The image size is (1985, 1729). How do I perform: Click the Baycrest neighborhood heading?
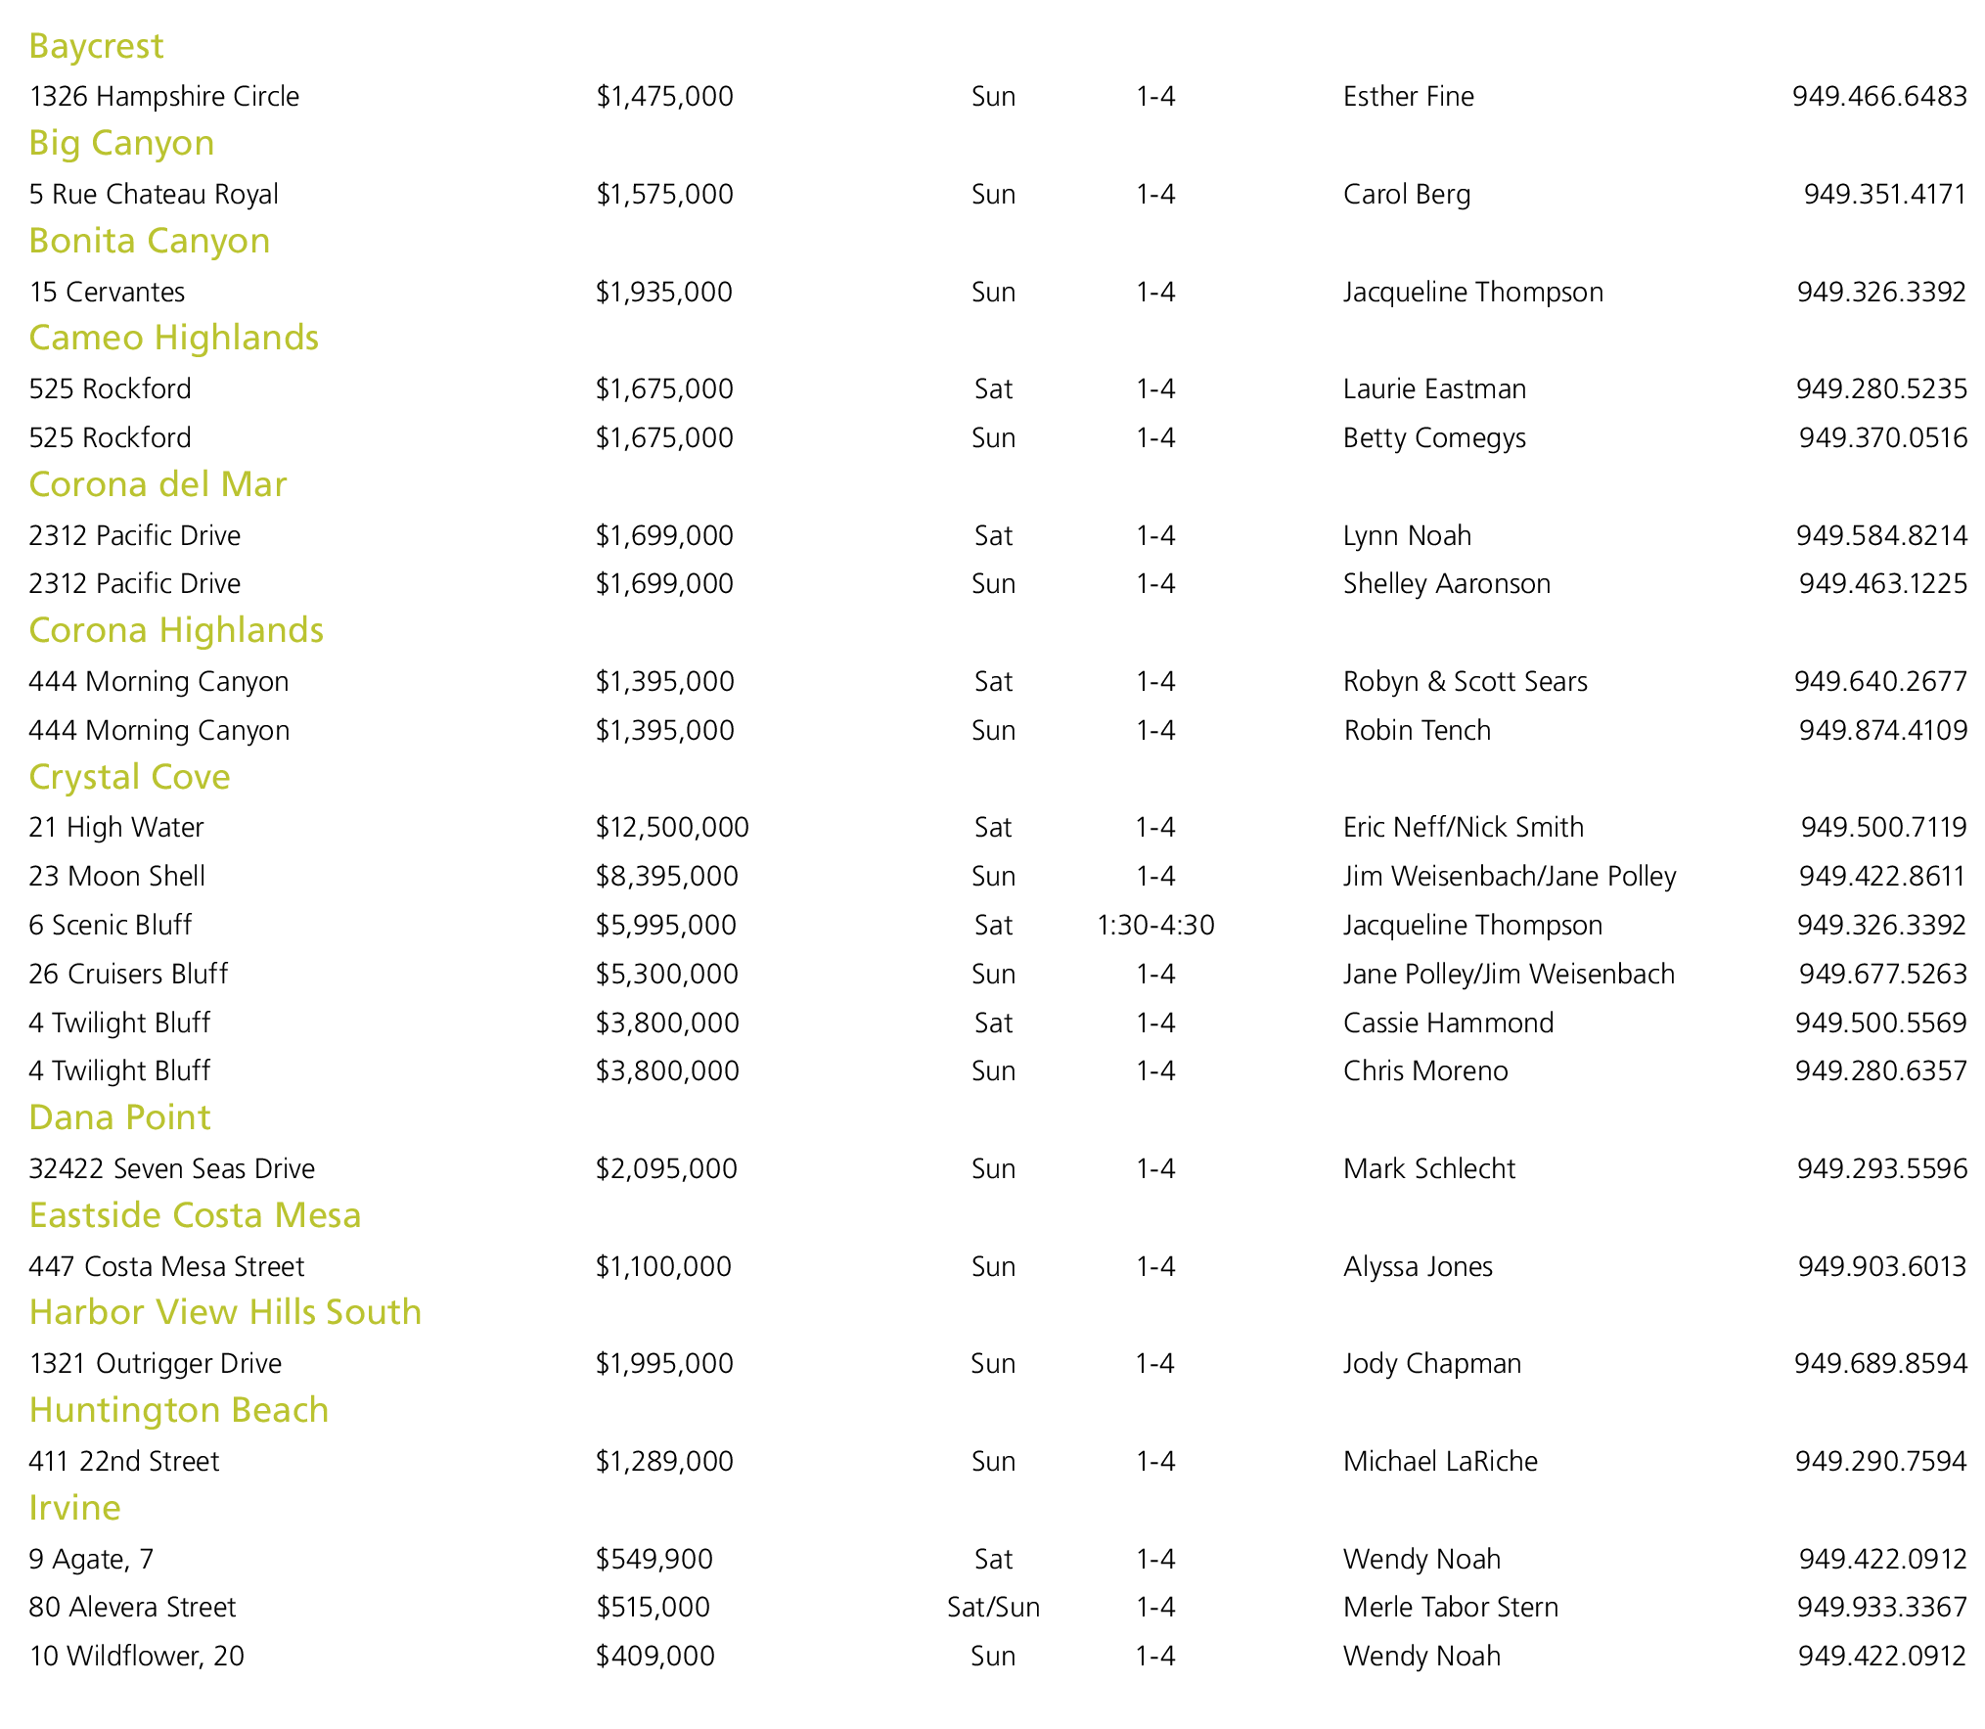click(x=96, y=46)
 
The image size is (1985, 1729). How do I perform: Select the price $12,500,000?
click(x=672, y=828)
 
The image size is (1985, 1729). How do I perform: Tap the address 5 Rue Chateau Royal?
click(x=154, y=194)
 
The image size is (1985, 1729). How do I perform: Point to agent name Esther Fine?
click(x=1408, y=96)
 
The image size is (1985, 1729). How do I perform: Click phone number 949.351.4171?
click(x=1884, y=194)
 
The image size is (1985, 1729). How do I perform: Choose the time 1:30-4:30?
click(x=1155, y=925)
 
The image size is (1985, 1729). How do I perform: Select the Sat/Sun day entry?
click(x=993, y=1607)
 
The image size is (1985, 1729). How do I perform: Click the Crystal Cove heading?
click(x=129, y=777)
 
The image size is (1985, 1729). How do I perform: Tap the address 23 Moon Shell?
click(x=116, y=876)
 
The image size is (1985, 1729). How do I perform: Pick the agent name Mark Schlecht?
click(x=1428, y=1168)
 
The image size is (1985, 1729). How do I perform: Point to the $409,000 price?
click(x=654, y=1656)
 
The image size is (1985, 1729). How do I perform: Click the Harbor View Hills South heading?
click(x=225, y=1312)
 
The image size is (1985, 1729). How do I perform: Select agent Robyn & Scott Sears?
click(x=1465, y=681)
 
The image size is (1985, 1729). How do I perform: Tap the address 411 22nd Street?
click(x=124, y=1461)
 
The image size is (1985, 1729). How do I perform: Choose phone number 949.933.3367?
click(x=1881, y=1607)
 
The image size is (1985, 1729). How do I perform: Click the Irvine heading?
click(x=74, y=1508)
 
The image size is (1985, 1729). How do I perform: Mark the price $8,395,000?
click(x=666, y=876)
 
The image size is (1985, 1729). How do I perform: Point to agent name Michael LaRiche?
click(x=1440, y=1461)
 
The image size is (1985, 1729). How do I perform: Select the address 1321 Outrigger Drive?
click(x=155, y=1363)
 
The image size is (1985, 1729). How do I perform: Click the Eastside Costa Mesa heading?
click(x=195, y=1215)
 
